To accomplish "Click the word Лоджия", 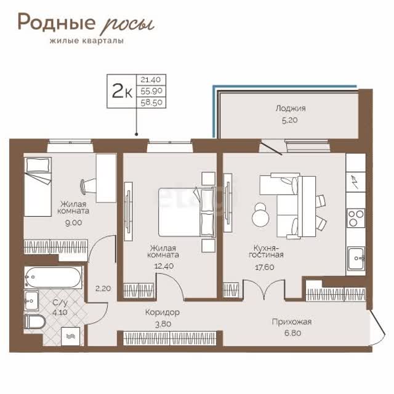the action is tap(291, 109).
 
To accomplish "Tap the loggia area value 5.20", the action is tap(290, 120).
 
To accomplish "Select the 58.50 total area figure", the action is tap(151, 103).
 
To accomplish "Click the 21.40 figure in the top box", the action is tap(150, 80).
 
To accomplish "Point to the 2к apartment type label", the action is tap(122, 91).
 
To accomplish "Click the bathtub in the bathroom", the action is tap(53, 278).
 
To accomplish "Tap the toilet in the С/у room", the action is tap(35, 322).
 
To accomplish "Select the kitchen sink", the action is tap(356, 258).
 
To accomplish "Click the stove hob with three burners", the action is tap(356, 218).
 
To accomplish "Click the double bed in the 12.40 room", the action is tap(187, 212).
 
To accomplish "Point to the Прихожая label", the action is tap(292, 322).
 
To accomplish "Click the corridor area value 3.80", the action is tap(163, 324).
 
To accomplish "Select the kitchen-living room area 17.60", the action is tap(265, 267).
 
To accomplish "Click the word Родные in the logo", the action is tap(57, 22).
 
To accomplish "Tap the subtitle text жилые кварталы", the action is tap(87, 41).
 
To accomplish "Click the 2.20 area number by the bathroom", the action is tap(103, 289).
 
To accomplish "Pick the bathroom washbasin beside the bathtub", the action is tap(31, 300).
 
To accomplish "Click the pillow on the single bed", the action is tap(38, 165).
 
